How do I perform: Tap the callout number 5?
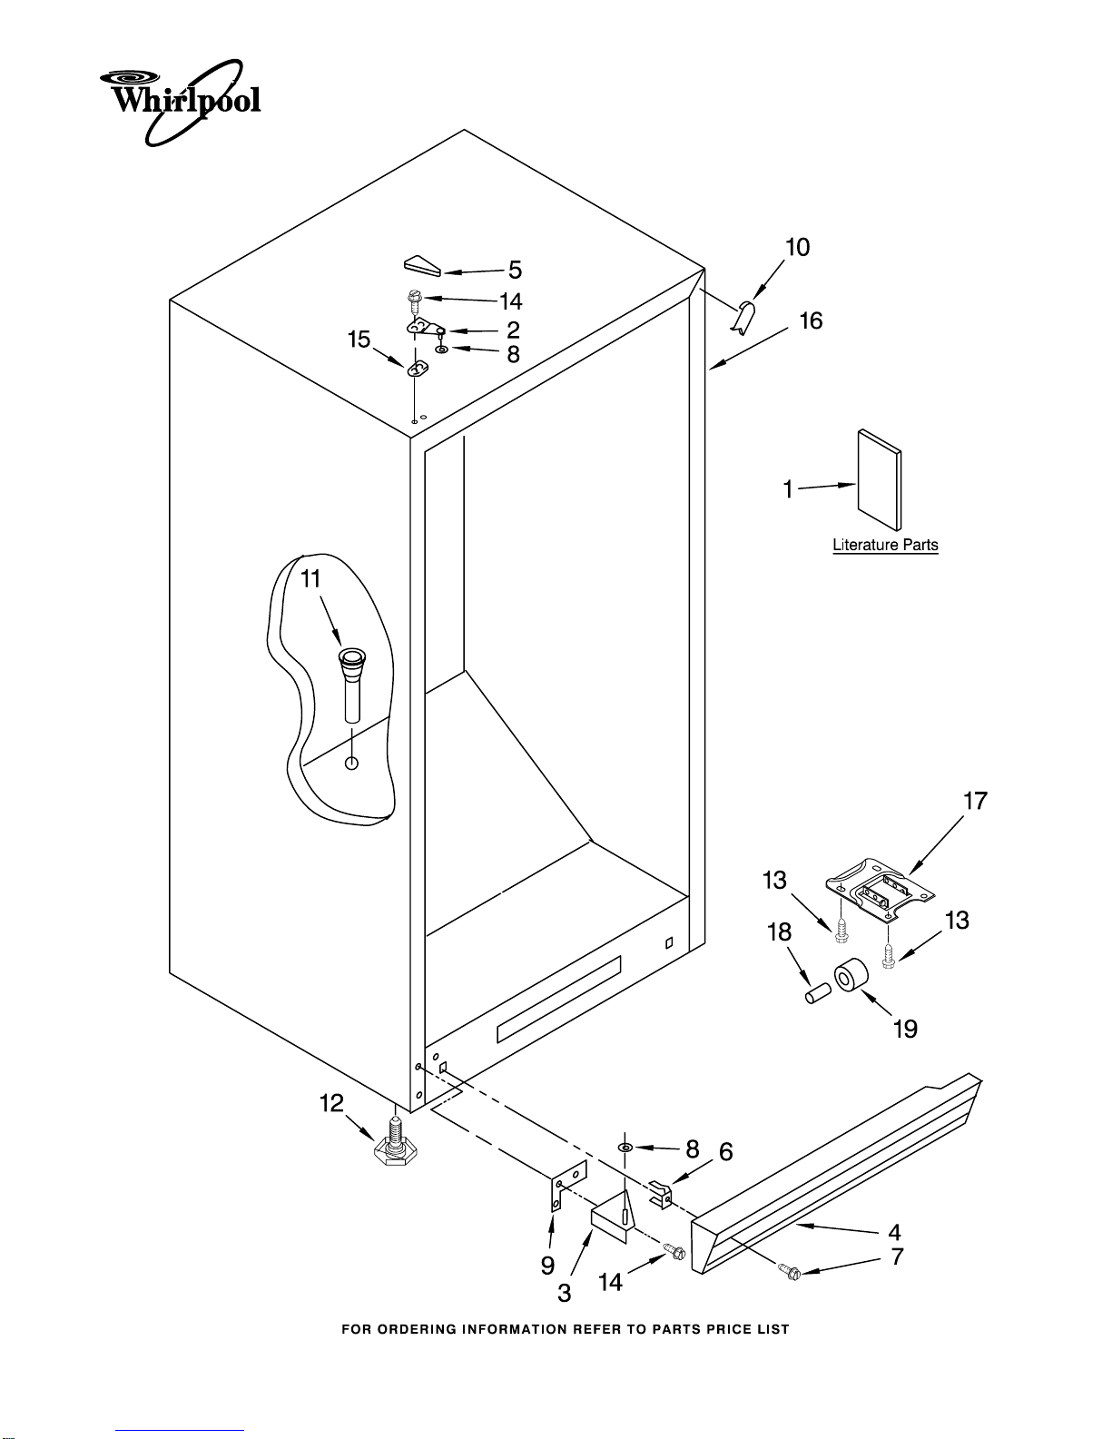pyautogui.click(x=515, y=271)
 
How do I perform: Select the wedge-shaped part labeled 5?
pyautogui.click(x=422, y=265)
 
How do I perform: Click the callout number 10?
pyautogui.click(x=798, y=248)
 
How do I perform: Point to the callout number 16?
pyautogui.click(x=811, y=321)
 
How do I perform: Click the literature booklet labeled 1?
pyautogui.click(x=880, y=480)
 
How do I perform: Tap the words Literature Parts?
pyautogui.click(x=885, y=545)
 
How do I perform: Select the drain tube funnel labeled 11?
pyautogui.click(x=351, y=685)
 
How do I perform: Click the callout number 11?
pyautogui.click(x=310, y=579)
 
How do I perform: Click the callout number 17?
pyautogui.click(x=975, y=802)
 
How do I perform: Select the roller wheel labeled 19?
pyautogui.click(x=851, y=975)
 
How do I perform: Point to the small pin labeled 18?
pyautogui.click(x=818, y=993)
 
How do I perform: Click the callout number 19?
pyautogui.click(x=905, y=1029)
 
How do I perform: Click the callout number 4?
pyautogui.click(x=894, y=1232)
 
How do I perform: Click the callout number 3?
pyautogui.click(x=564, y=1294)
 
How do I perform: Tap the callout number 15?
pyautogui.click(x=359, y=340)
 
